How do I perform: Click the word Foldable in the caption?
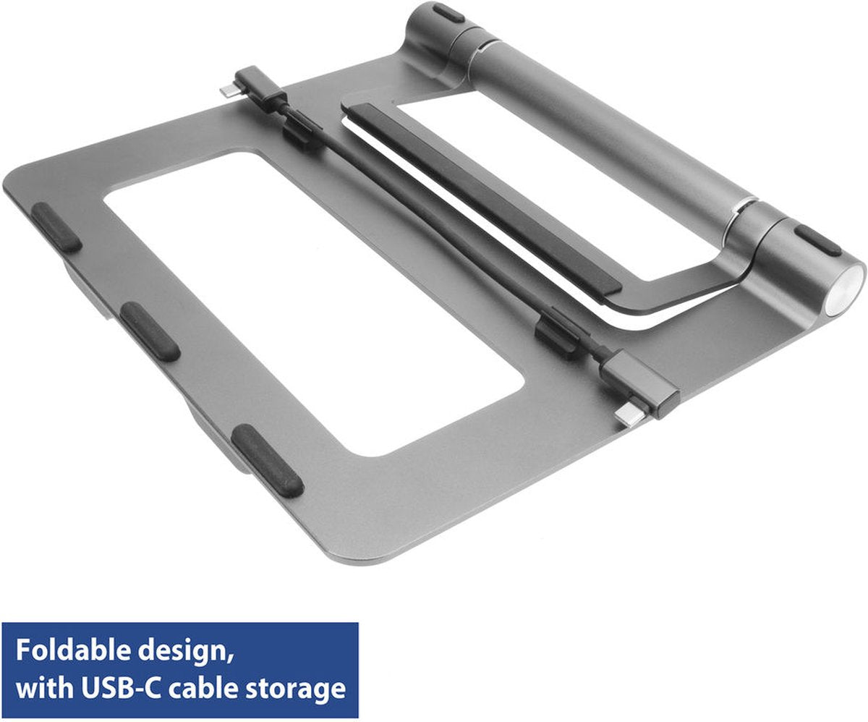(66, 650)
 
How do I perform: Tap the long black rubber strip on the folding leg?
(480, 196)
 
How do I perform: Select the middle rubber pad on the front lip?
(150, 331)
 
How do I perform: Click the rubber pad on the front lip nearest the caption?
(267, 460)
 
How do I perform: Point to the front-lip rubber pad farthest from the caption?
(56, 226)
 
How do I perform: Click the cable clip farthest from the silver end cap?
(302, 132)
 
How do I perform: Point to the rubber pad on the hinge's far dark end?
(448, 12)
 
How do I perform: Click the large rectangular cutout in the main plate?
(311, 297)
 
